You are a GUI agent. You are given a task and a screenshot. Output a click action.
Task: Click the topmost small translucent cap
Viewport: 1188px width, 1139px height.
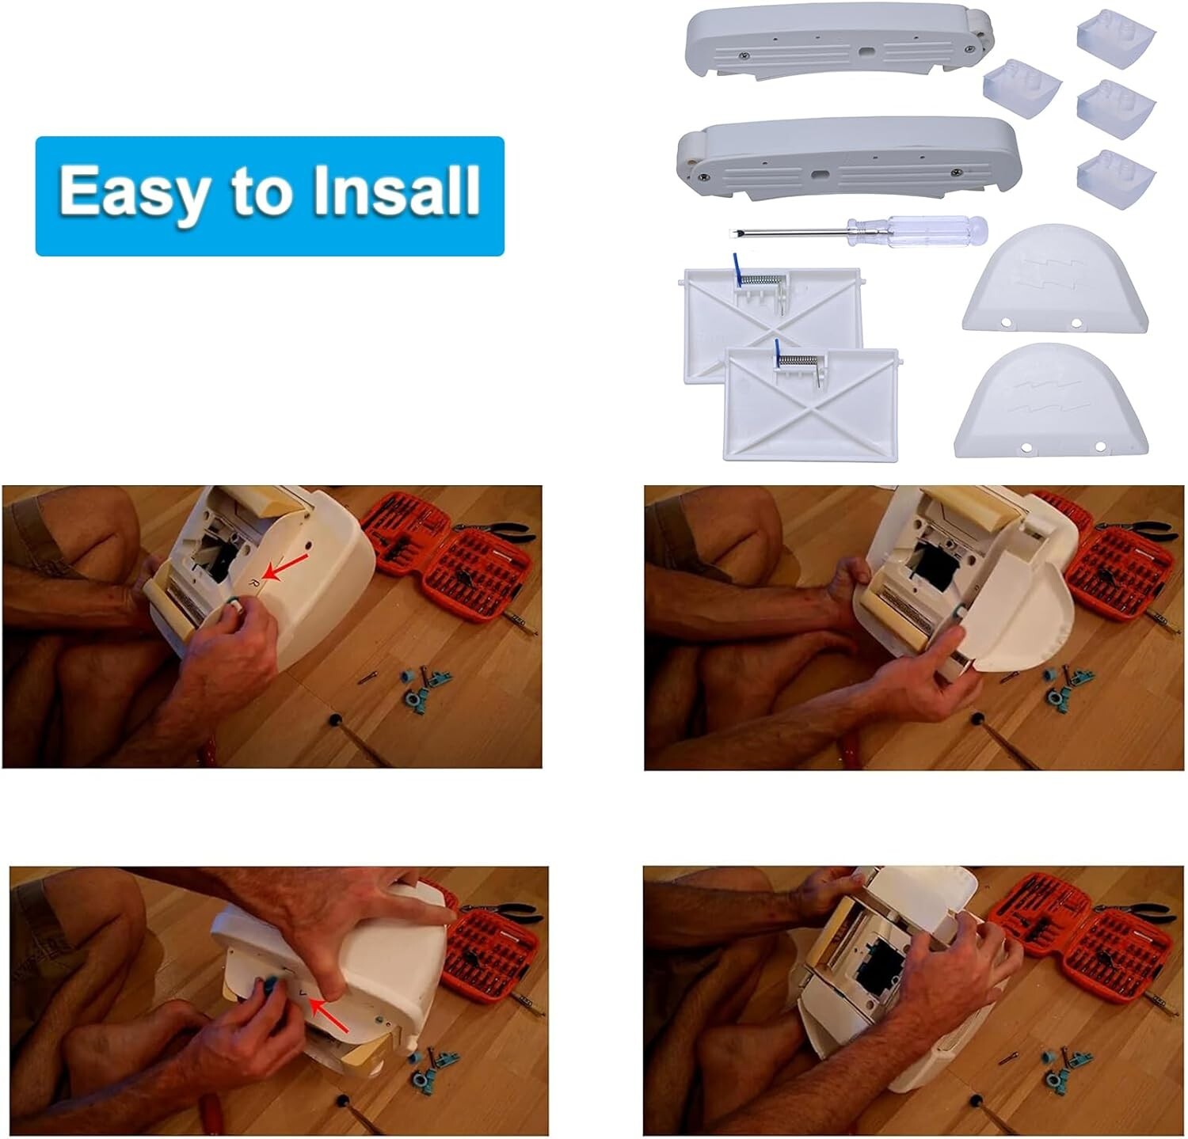pos(1116,36)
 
